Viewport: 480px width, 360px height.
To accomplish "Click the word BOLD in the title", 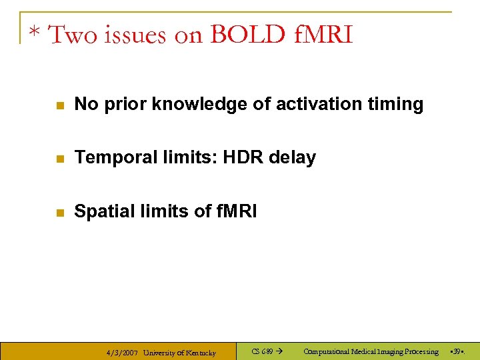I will coord(247,35).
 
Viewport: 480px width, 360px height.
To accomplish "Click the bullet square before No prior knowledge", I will coord(59,105).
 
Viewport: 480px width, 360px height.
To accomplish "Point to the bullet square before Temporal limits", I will coord(59,159).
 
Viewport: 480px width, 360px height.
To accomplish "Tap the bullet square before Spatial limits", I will coord(59,213).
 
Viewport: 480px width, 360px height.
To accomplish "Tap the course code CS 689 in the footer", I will coord(262,351).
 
